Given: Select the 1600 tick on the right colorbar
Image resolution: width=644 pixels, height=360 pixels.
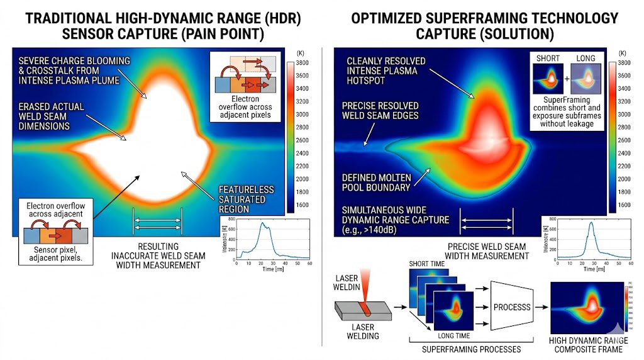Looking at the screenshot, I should pos(625,205).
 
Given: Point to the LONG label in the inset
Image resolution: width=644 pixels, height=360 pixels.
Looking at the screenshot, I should pos(586,59).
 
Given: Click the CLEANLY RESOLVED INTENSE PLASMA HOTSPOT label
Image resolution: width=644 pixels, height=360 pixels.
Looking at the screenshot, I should pos(386,70).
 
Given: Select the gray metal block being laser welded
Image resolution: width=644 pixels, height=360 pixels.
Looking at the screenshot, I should pos(358,314).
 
